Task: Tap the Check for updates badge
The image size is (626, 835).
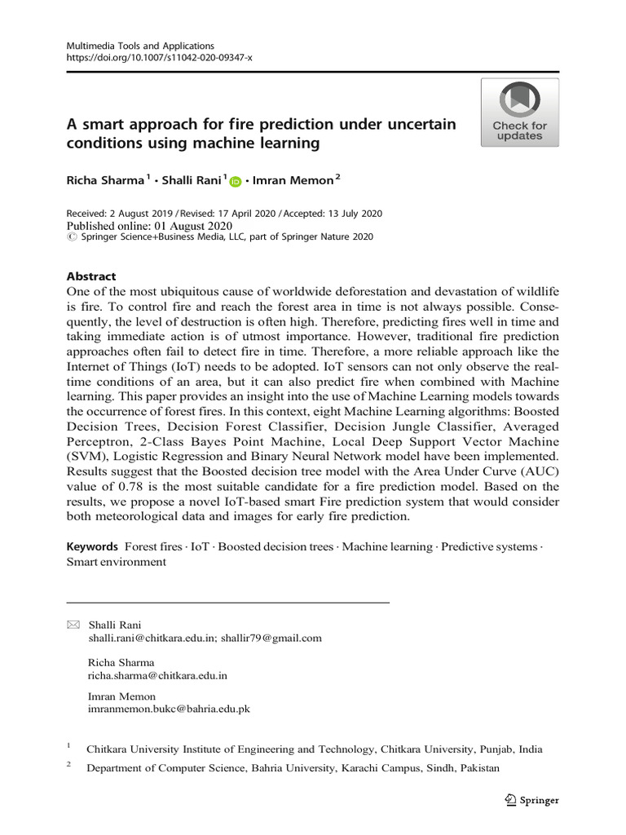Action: (x=519, y=113)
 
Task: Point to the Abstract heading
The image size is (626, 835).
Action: (x=90, y=276)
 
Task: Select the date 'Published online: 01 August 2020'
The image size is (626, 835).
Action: (x=149, y=226)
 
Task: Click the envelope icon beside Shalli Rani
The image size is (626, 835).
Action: (x=73, y=625)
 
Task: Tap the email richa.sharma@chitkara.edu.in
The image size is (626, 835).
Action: (x=157, y=675)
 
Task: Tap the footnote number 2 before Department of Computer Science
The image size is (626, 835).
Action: (x=69, y=767)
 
